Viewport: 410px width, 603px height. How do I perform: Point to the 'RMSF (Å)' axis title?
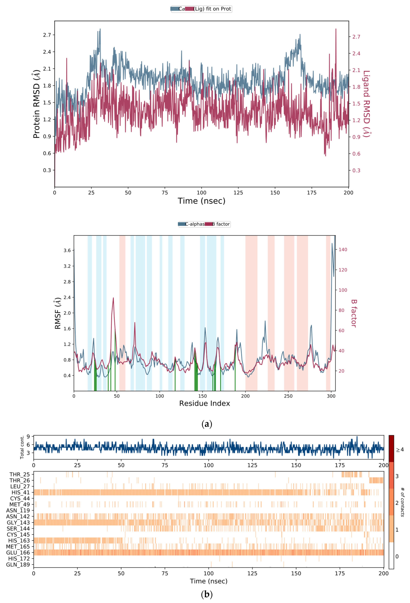click(58, 313)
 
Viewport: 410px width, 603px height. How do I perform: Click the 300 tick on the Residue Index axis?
click(331, 396)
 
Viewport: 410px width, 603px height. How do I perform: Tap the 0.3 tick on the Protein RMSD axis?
click(47, 170)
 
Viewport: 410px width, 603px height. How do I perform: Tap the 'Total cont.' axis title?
click(22, 447)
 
